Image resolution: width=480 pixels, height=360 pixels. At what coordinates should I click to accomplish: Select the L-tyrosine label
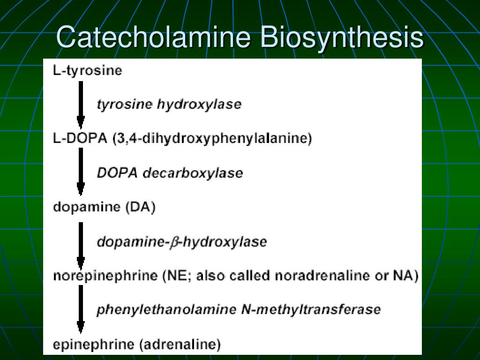pos(88,71)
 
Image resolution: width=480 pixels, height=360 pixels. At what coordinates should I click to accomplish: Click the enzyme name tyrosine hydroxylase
pos(169,104)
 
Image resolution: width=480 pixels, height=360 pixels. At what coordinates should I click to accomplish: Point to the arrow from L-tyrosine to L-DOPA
pos(81,104)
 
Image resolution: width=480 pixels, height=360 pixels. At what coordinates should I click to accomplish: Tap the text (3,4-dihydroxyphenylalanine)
pos(212,139)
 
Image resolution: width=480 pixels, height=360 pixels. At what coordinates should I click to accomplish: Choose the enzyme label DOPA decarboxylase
pos(170,173)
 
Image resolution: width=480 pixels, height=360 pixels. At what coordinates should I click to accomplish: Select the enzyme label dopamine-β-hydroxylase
pos(182,242)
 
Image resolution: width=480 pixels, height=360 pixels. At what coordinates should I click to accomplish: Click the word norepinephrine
pos(105,276)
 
